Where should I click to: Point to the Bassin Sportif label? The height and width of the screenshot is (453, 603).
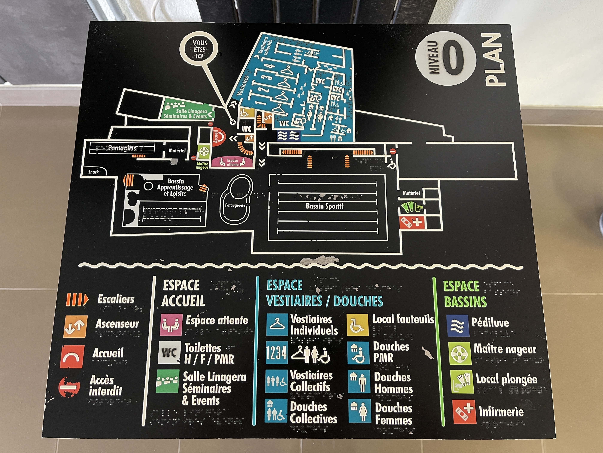pos(324,206)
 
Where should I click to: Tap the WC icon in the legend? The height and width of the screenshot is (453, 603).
pos(169,353)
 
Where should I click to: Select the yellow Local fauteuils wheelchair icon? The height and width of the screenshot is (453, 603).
pos(357,325)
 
